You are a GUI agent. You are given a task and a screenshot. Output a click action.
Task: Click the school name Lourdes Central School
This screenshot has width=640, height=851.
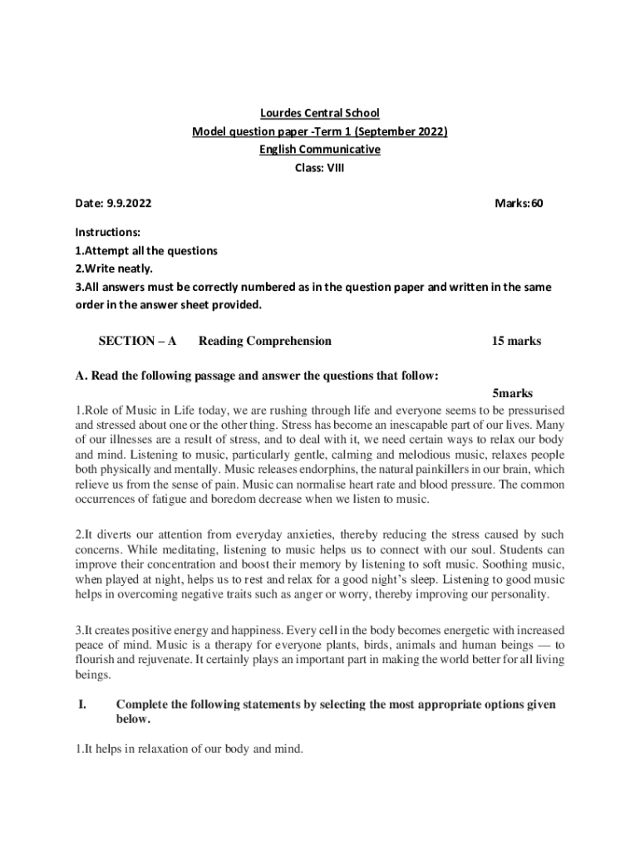click(320, 113)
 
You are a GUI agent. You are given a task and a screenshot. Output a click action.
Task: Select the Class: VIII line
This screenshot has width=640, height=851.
click(320, 167)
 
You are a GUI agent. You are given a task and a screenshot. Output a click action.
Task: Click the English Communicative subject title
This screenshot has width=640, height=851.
click(320, 150)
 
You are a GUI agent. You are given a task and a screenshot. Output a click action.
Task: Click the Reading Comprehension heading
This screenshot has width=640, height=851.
click(265, 341)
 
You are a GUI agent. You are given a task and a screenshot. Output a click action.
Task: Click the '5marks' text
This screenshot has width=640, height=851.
click(512, 393)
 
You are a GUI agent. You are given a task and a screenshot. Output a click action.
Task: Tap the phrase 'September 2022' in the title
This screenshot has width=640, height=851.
click(402, 131)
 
